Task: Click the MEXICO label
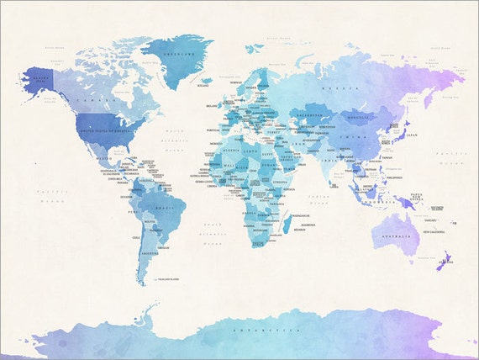point(103,157)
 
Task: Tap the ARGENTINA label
point(150,251)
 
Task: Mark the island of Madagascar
point(287,223)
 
